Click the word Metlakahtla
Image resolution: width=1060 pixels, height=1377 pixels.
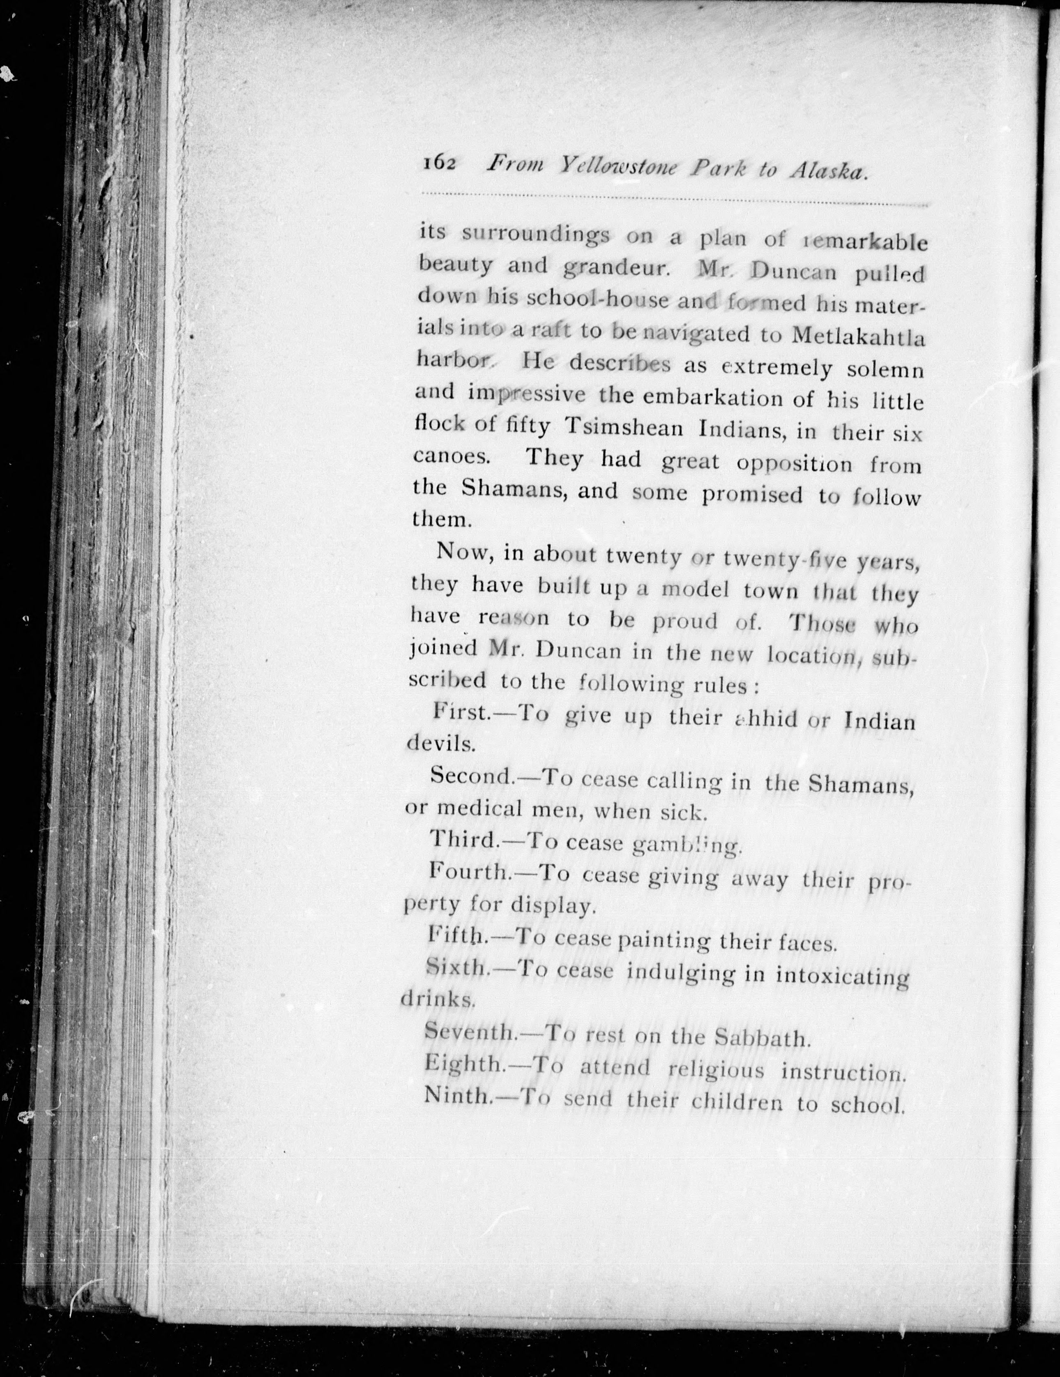click(x=857, y=337)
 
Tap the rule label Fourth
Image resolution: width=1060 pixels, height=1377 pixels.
click(x=470, y=873)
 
